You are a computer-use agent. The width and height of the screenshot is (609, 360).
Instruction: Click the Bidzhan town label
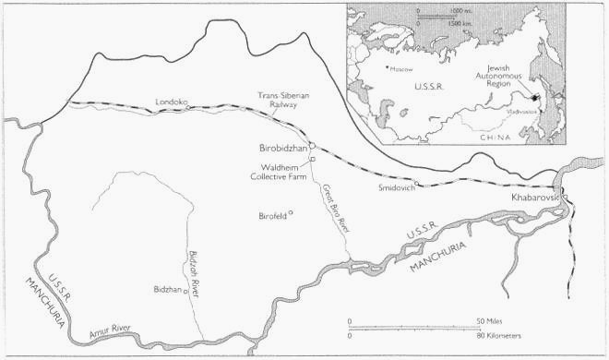(x=167, y=289)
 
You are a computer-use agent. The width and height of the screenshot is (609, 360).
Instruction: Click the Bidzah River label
(x=193, y=268)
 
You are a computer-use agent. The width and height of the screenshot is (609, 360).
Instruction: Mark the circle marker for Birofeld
(x=291, y=213)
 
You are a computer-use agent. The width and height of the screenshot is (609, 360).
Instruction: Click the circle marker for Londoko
(x=189, y=107)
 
